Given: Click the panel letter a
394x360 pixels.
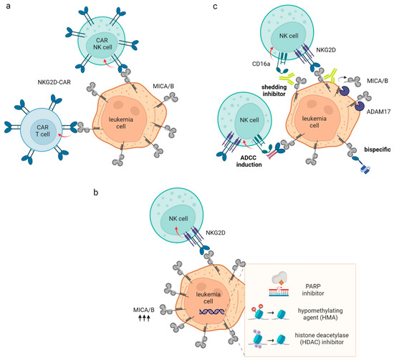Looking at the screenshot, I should point(6,8).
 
